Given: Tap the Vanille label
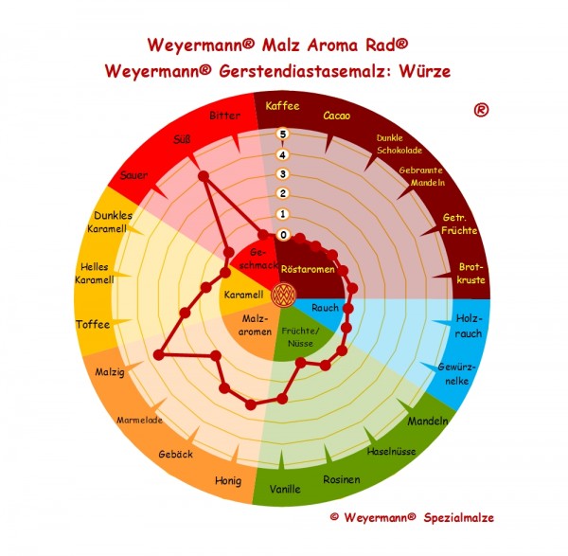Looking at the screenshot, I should coord(285,489).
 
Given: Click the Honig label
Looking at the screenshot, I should coord(228,479).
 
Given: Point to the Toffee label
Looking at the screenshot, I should coord(93,325).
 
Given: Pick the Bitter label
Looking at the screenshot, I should coord(225,116).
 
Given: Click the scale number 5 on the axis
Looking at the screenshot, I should coord(282,135).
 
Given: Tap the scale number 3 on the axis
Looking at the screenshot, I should coord(282,174).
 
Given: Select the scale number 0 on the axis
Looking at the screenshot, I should coord(282,234).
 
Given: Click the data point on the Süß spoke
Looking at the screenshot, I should coord(202,176).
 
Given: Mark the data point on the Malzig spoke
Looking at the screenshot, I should coord(158,355).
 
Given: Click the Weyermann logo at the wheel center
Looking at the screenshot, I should coord(283,295).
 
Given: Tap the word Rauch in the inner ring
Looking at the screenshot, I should coord(325,308).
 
